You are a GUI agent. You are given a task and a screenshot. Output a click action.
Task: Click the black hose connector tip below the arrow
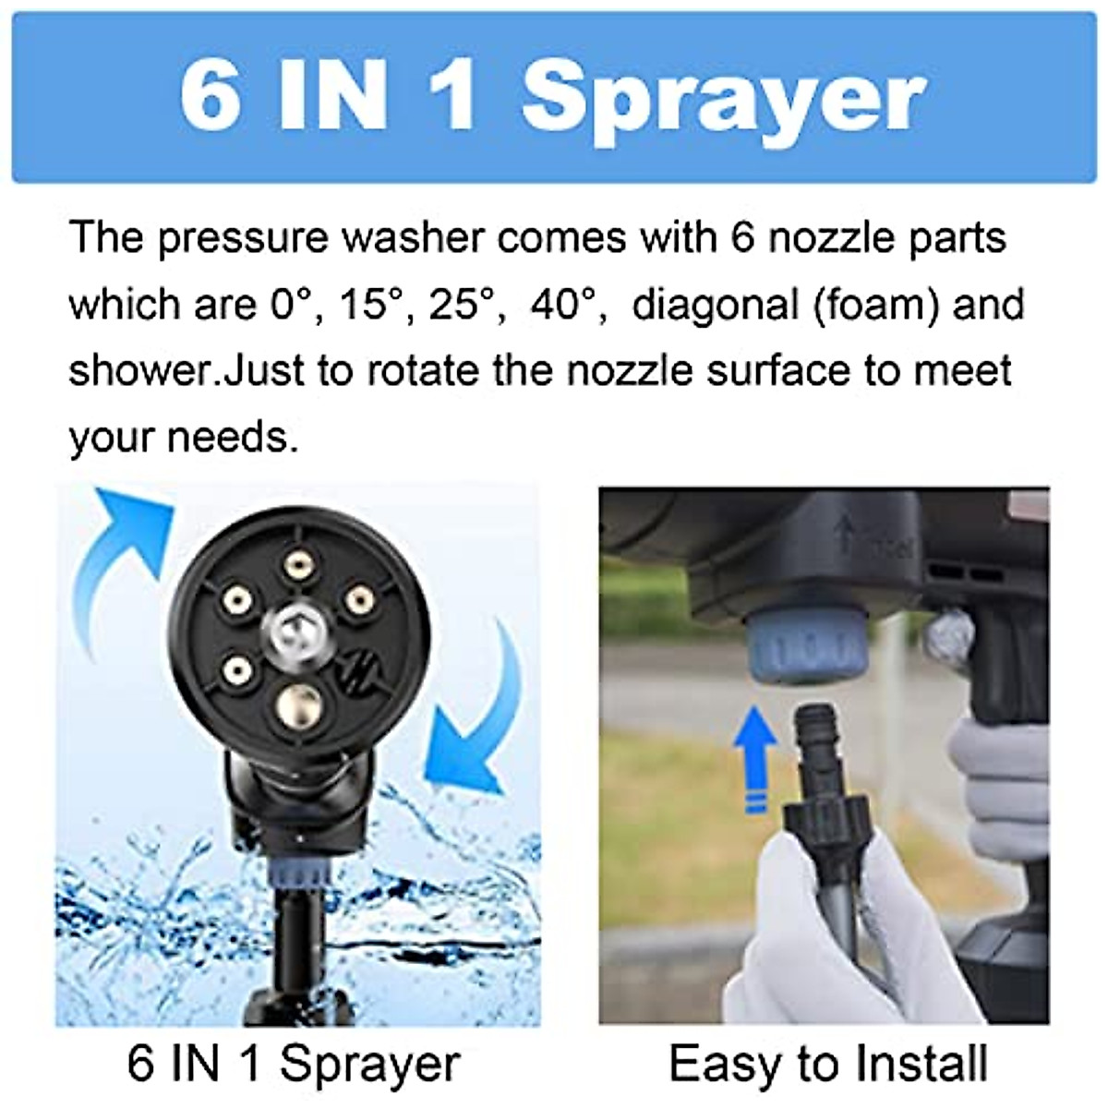pyautogui.click(x=811, y=739)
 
